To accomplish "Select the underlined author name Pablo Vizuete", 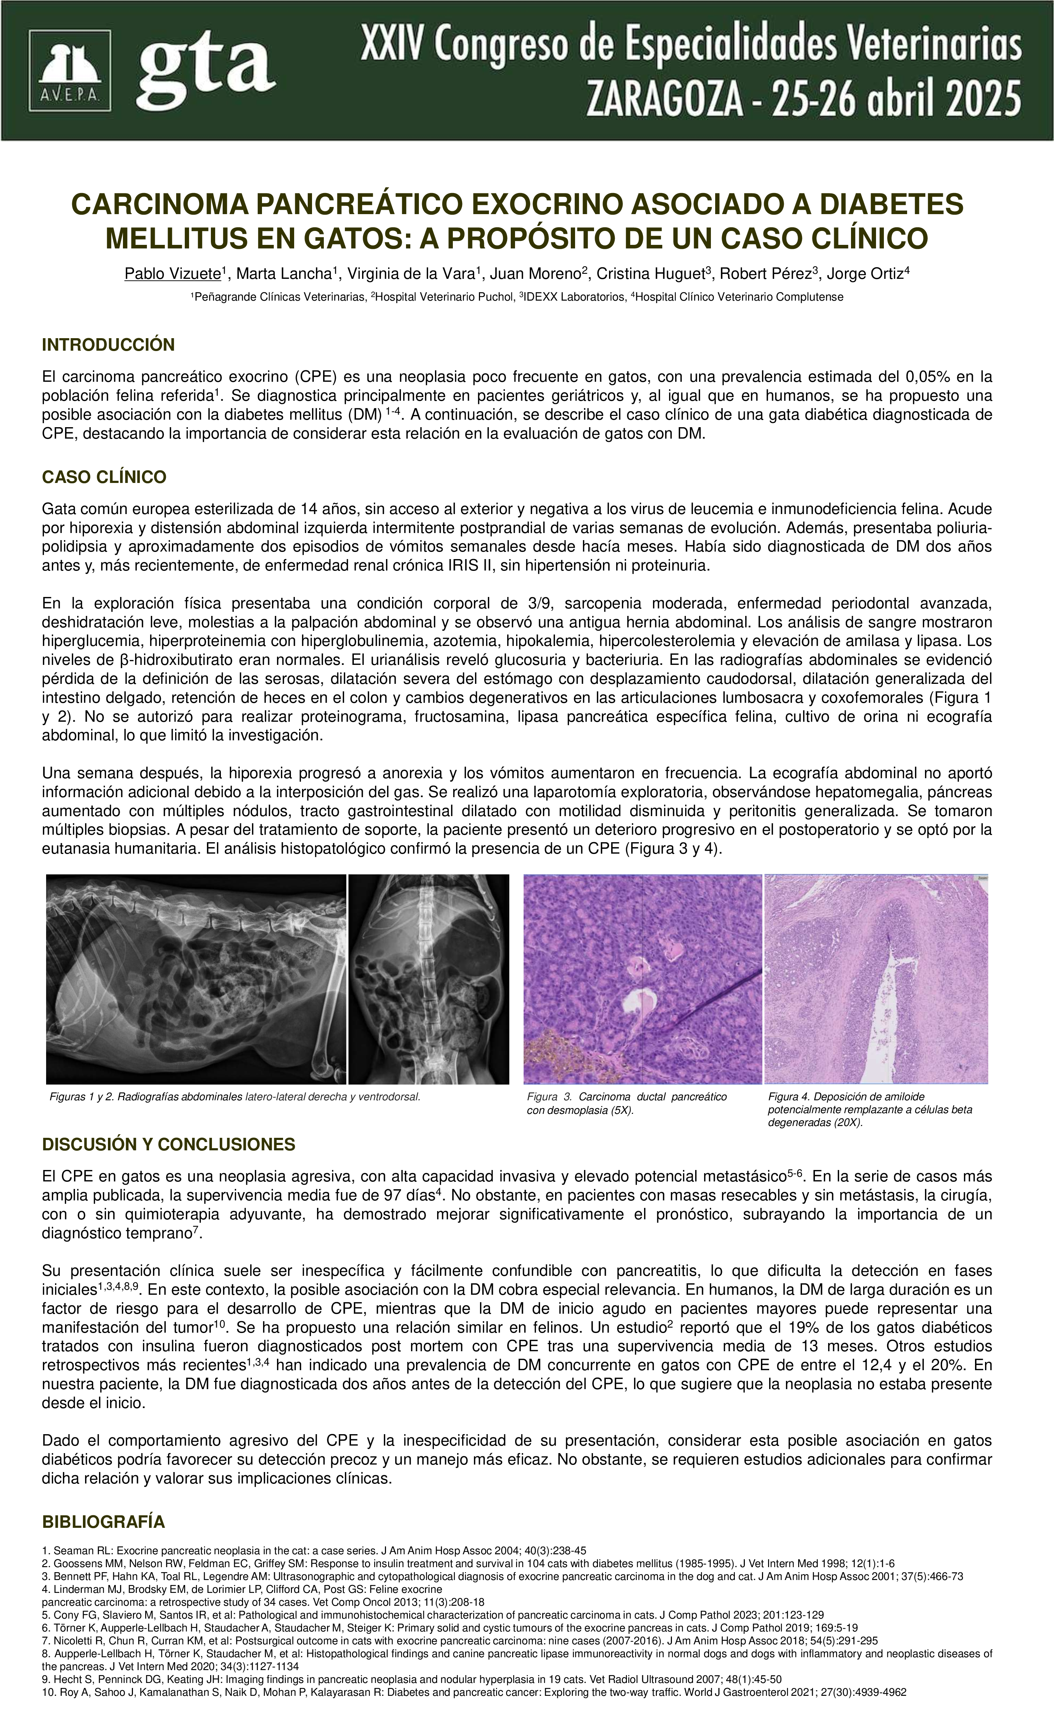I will click(x=173, y=274).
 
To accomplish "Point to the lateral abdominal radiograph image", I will click(x=196, y=979).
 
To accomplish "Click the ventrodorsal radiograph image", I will click(x=429, y=979).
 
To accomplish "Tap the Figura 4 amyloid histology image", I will click(x=876, y=979).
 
